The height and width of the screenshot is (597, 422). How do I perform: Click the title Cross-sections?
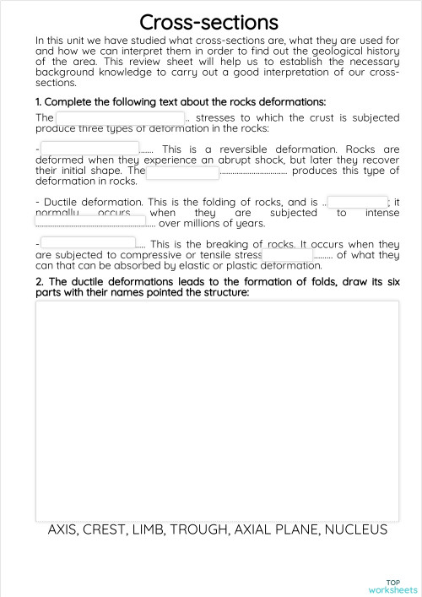(x=208, y=21)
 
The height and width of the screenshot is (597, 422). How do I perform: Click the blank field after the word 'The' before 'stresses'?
(x=119, y=118)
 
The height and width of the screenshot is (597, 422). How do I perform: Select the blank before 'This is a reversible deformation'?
(x=89, y=148)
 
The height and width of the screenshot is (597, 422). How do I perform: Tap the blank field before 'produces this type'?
(x=182, y=172)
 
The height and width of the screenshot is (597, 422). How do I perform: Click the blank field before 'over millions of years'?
(x=93, y=223)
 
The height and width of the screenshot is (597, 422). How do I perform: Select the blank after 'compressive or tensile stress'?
(x=287, y=254)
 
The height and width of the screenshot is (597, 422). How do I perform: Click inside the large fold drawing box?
(x=217, y=410)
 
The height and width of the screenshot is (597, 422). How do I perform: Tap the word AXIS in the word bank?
(x=62, y=530)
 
